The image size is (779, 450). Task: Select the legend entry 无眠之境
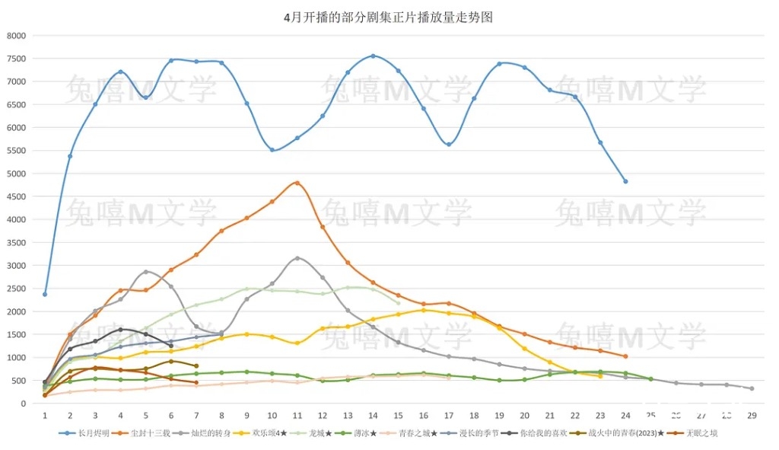[x=701, y=433]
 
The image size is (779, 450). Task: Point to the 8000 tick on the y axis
[x=16, y=36]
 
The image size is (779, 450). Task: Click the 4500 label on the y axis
[x=16, y=196]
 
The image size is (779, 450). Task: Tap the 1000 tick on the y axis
[x=16, y=358]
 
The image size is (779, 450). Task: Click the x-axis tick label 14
[x=373, y=416]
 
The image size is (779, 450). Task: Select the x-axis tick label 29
[x=752, y=416]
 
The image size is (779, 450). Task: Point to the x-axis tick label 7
[x=196, y=416]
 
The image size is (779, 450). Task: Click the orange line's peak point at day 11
[x=297, y=183]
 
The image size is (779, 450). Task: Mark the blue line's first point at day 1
[x=45, y=294]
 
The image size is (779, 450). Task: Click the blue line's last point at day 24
[x=625, y=181]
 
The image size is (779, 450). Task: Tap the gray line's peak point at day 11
[x=297, y=258]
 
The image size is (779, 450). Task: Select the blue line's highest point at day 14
[x=373, y=56]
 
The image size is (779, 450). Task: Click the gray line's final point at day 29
[x=752, y=388]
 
